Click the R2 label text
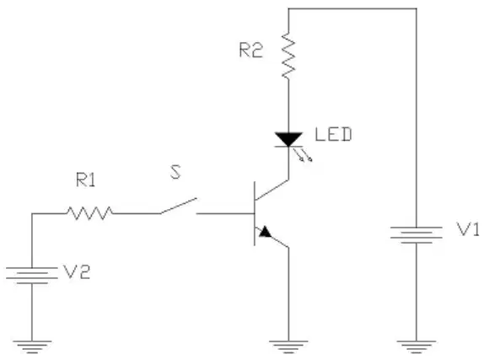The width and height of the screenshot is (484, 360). click(x=251, y=50)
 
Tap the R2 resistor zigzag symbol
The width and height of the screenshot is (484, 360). click(x=288, y=56)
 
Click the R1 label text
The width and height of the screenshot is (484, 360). click(x=86, y=180)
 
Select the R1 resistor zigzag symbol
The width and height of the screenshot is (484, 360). click(x=89, y=213)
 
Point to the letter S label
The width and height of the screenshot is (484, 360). click(x=175, y=172)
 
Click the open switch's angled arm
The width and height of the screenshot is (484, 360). click(x=178, y=206)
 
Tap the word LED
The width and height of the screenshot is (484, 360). click(x=333, y=134)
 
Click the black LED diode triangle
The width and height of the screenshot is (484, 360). click(x=288, y=139)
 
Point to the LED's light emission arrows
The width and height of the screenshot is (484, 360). click(x=303, y=155)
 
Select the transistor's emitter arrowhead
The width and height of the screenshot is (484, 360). click(x=265, y=232)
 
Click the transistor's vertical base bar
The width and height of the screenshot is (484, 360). click(x=255, y=213)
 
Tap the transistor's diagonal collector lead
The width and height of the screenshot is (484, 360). click(x=272, y=190)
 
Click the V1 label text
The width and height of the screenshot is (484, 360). click(x=468, y=229)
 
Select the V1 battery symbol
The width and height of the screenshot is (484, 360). click(x=417, y=235)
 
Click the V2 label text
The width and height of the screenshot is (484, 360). click(x=77, y=271)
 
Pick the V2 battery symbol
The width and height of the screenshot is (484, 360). click(x=32, y=276)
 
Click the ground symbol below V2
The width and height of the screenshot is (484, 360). click(x=32, y=347)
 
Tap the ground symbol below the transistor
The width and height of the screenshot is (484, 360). click(x=288, y=347)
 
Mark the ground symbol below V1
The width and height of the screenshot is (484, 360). click(x=417, y=347)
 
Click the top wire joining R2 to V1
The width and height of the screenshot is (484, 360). click(x=352, y=8)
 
